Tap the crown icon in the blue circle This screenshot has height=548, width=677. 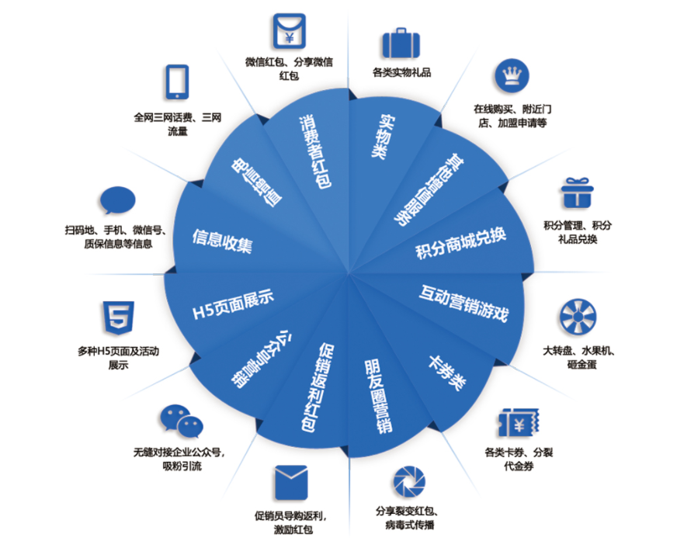[511, 76]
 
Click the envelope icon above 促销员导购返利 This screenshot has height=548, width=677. [291, 482]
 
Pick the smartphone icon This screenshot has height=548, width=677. [178, 82]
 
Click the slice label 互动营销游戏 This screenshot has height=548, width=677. [463, 303]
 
